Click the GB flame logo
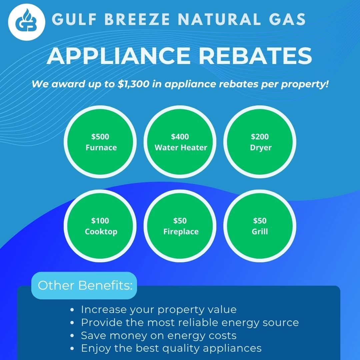pyautogui.click(x=27, y=22)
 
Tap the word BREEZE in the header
pyautogui.click(x=137, y=19)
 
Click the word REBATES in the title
pyautogui.click(x=255, y=56)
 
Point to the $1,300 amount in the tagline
pyautogui.click(x=133, y=84)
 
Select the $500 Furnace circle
pyautogui.click(x=100, y=142)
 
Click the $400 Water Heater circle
pyautogui.click(x=180, y=142)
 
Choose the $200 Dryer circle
pyautogui.click(x=260, y=142)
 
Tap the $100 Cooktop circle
pyautogui.click(x=100, y=226)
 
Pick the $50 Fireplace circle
pyautogui.click(x=180, y=226)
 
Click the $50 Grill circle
pyautogui.click(x=260, y=226)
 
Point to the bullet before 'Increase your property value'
pyautogui.click(x=72, y=310)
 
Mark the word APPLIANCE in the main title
pyautogui.click(x=118, y=56)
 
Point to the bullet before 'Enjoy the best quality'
pyautogui.click(x=72, y=349)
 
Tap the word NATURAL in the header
pyautogui.click(x=219, y=19)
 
